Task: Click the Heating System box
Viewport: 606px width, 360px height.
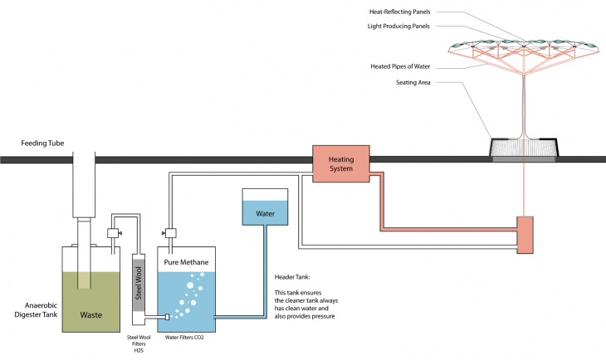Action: pyautogui.click(x=341, y=163)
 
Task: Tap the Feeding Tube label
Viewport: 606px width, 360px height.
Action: pyautogui.click(x=43, y=144)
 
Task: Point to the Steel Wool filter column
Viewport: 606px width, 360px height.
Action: pyautogui.click(x=139, y=282)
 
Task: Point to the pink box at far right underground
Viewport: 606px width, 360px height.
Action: pyautogui.click(x=525, y=235)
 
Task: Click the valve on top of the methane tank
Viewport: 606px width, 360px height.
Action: pyautogui.click(x=169, y=232)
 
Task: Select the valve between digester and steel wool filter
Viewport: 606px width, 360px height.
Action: pyautogui.click(x=115, y=234)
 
